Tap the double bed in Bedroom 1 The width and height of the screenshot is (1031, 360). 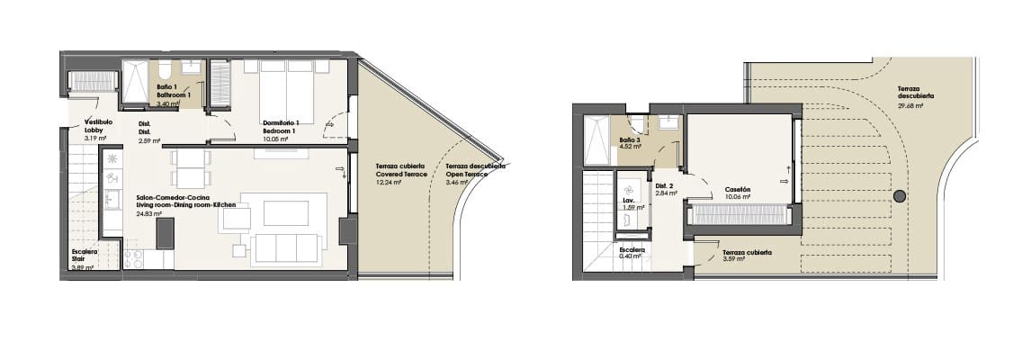286,90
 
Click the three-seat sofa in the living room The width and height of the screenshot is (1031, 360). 286,245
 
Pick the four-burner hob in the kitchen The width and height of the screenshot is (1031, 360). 135,258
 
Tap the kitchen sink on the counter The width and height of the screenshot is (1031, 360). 112,199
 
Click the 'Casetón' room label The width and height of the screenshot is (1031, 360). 737,189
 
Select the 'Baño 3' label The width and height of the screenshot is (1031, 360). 630,139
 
